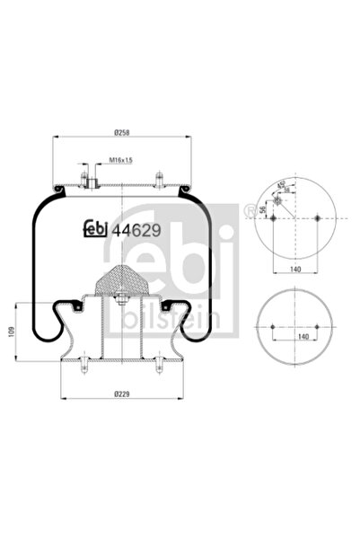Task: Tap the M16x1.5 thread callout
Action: click(x=120, y=160)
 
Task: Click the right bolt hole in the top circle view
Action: click(x=319, y=218)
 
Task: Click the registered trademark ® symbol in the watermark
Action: click(x=245, y=213)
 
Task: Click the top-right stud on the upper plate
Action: click(x=158, y=181)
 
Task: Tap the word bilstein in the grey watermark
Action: click(x=176, y=320)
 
